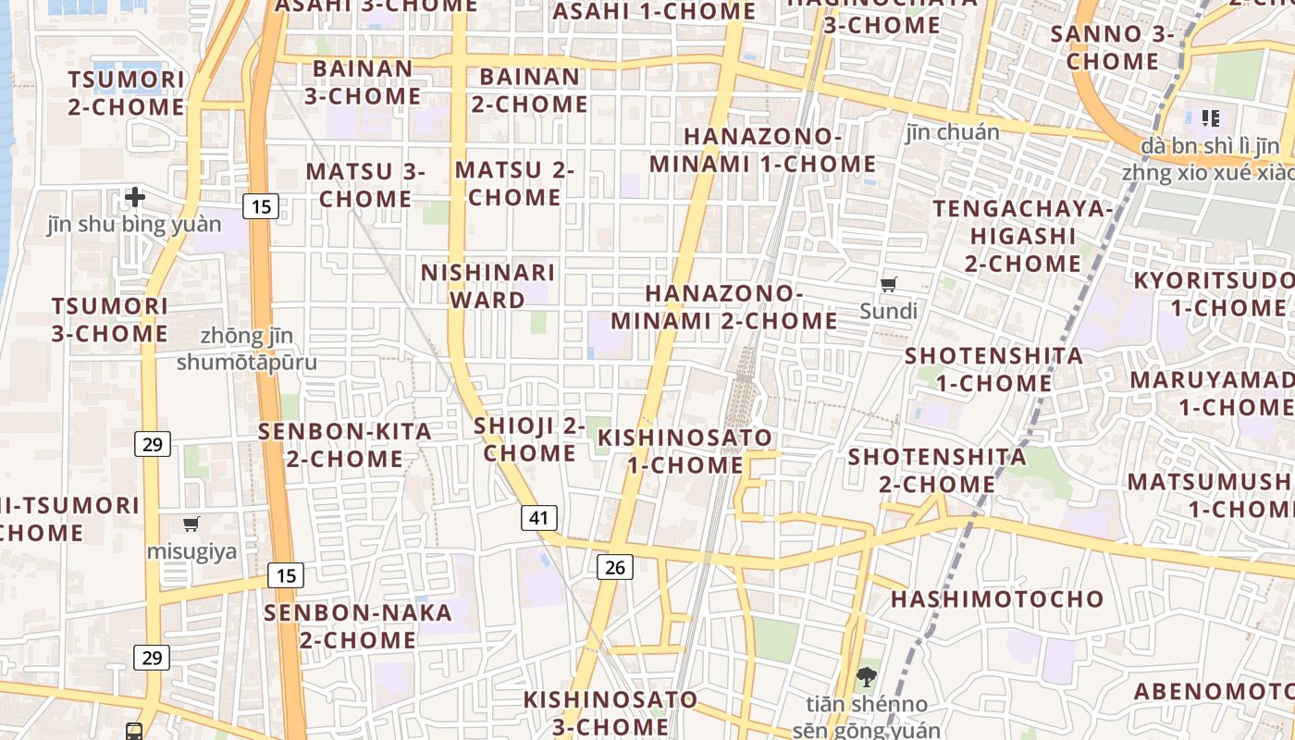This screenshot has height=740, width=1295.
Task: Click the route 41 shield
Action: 538,517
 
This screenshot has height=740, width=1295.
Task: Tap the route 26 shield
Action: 615,567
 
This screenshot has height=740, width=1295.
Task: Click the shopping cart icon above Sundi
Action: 889,284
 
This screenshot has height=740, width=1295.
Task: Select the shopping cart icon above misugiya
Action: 191,524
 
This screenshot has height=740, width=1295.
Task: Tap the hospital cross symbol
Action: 135,196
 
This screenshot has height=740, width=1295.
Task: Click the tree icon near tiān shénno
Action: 867,677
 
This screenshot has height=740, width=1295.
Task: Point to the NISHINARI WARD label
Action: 487,286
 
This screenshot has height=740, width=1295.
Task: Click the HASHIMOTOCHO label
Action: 997,598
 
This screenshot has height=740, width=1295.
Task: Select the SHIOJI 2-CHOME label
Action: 529,439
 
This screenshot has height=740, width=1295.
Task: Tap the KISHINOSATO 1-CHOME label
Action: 684,450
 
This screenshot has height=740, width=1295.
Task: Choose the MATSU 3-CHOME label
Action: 365,185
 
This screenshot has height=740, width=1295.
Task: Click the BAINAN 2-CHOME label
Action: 530,90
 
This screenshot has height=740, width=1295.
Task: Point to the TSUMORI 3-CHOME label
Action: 110,319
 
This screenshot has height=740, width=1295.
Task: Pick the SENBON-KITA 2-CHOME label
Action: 344,445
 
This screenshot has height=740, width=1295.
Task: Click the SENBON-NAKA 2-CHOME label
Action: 358,626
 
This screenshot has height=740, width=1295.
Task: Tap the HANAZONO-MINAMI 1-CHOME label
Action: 762,151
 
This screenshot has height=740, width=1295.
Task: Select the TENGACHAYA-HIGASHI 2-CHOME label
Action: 1022,236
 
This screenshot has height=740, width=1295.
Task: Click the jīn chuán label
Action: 953,132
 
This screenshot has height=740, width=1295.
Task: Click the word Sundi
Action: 888,311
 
